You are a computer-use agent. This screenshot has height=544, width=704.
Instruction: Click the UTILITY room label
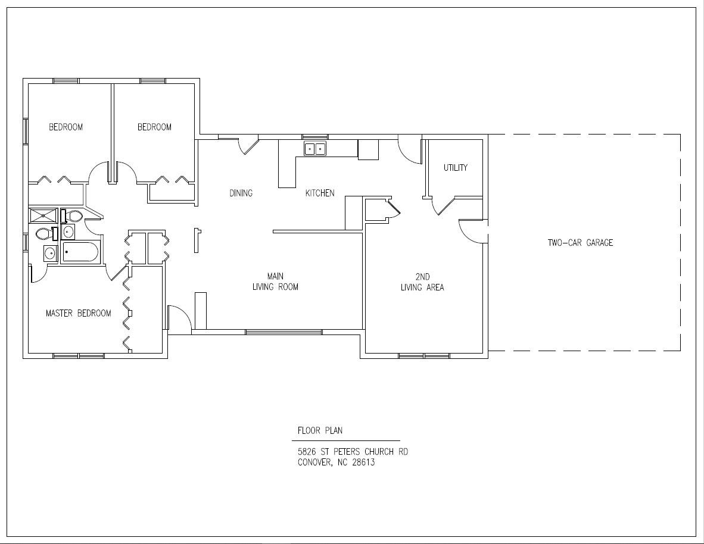pyautogui.click(x=455, y=168)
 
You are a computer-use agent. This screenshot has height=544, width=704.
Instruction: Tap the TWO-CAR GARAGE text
pyautogui.click(x=580, y=243)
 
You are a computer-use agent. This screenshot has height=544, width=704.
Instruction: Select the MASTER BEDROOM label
pyautogui.click(x=78, y=313)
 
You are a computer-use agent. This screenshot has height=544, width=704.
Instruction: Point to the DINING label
pyautogui.click(x=241, y=193)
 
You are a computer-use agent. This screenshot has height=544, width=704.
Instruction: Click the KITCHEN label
pyautogui.click(x=320, y=193)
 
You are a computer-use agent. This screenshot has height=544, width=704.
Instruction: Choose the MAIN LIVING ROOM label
pyautogui.click(x=275, y=282)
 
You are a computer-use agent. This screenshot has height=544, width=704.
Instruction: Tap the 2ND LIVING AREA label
pyautogui.click(x=422, y=282)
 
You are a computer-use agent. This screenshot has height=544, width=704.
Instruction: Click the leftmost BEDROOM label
pyautogui.click(x=66, y=127)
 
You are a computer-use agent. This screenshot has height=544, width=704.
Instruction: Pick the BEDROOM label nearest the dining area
pyautogui.click(x=154, y=127)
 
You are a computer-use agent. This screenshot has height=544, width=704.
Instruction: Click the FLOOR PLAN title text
pyautogui.click(x=320, y=430)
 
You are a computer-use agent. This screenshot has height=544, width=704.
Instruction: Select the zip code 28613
pyautogui.click(x=363, y=462)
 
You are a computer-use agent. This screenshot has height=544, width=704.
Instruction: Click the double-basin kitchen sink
pyautogui.click(x=314, y=149)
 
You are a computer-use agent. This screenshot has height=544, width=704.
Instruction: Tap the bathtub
pyautogui.click(x=80, y=252)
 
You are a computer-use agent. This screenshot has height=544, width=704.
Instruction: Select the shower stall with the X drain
pyautogui.click(x=43, y=215)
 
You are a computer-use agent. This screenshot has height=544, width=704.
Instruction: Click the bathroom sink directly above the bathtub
pyautogui.click(x=68, y=232)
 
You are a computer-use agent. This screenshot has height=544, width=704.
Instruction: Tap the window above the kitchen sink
pyautogui.click(x=314, y=136)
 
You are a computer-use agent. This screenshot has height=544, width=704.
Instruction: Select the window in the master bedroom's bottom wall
pyautogui.click(x=79, y=356)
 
